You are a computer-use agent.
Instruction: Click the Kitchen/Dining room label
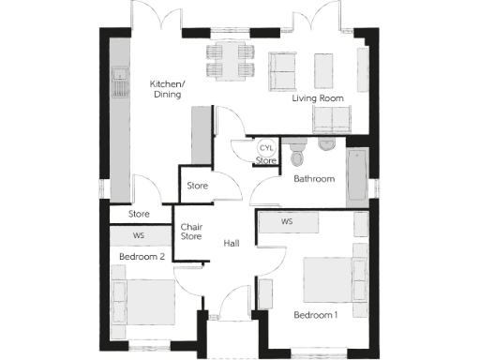coord(168,89)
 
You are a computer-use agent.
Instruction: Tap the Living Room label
coord(318,97)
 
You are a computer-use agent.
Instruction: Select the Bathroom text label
coord(313,178)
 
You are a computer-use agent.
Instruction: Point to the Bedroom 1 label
coord(316,314)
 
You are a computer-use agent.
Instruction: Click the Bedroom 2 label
coord(142,256)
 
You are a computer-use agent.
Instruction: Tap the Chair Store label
coord(191,232)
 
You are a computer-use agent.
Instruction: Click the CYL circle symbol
coord(266,148)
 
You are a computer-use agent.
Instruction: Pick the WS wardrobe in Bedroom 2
coord(139,235)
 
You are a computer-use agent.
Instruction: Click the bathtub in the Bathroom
coord(358,175)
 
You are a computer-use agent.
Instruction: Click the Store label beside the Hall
coord(197,186)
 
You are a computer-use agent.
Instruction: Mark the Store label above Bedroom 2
coord(139,215)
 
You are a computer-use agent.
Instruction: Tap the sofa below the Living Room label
coord(331,119)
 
